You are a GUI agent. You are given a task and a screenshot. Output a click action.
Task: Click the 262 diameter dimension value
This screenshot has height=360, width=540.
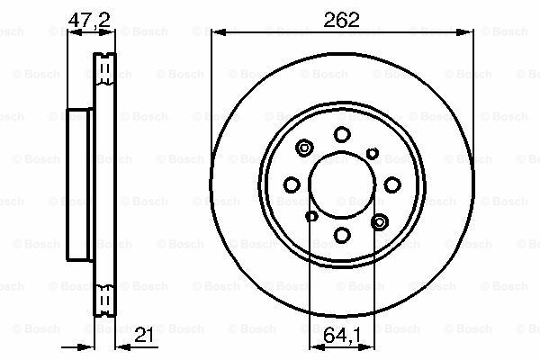[x=343, y=19]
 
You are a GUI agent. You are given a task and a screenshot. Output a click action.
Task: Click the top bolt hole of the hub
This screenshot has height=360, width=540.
[x=342, y=134]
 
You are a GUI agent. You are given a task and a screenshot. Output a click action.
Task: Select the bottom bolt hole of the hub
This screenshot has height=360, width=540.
[x=342, y=234]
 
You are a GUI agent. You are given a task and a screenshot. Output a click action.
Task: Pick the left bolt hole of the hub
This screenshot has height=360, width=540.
[x=292, y=184]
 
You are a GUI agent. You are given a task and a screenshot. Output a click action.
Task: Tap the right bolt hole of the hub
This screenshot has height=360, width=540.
[x=392, y=184]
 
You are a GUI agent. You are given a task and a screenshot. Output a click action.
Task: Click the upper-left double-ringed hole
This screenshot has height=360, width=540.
[x=304, y=149]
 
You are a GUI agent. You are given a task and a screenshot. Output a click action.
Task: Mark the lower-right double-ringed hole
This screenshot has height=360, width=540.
[x=379, y=220]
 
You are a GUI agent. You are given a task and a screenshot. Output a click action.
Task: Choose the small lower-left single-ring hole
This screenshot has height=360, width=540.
[x=311, y=216]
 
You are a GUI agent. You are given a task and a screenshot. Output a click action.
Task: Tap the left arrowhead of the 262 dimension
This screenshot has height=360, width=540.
[x=216, y=34]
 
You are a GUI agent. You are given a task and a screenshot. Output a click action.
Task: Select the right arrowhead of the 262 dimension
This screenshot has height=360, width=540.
[x=470, y=34]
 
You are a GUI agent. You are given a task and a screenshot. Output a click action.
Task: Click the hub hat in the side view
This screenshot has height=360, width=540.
[x=80, y=184]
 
